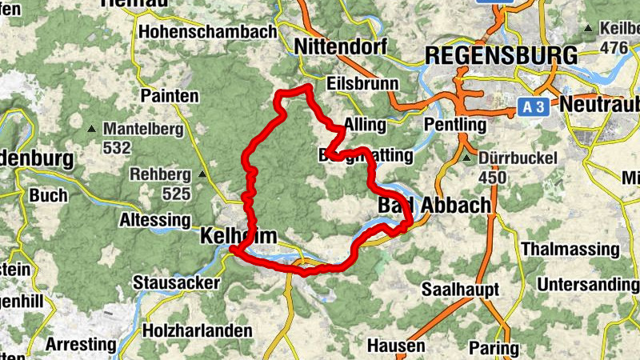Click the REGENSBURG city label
(501, 55)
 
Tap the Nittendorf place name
(340, 47)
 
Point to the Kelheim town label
(238, 236)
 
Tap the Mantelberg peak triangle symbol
(93, 129)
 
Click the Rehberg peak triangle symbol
(202, 174)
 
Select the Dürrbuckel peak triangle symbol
(467, 158)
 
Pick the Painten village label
(169, 95)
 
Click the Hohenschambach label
(207, 32)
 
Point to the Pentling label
(455, 125)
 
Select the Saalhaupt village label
(460, 288)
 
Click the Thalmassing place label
(570, 249)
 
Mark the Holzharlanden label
(197, 330)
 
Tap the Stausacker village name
(171, 282)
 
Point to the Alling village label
(364, 125)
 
